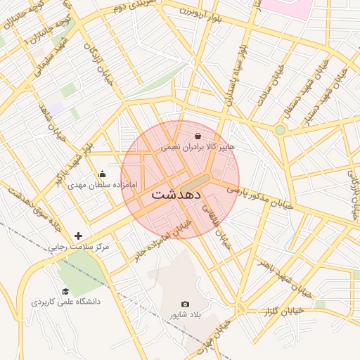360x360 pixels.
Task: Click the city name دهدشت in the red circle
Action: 176,193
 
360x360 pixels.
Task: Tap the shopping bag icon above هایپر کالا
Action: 198,136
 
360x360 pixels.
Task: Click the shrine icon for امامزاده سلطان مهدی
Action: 103,174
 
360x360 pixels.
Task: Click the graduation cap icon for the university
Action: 65,291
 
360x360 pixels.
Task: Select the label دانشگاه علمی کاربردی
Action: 66,302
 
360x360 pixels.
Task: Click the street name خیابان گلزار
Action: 281,310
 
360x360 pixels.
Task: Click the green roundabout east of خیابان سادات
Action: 280,130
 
